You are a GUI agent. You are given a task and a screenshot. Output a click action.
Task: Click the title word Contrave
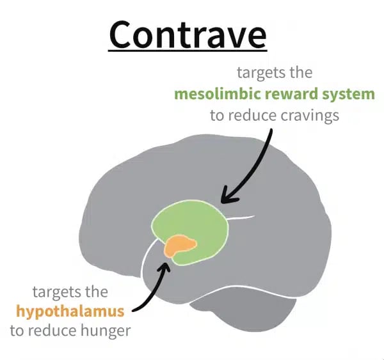coord(188,35)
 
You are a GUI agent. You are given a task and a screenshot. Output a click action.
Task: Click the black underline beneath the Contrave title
coord(188,51)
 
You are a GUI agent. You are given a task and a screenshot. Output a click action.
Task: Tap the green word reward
coord(291,94)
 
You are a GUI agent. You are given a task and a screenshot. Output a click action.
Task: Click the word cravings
coord(310,116)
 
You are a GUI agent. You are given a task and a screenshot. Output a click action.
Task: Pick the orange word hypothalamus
coord(70,312)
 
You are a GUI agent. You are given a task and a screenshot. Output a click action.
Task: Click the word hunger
coord(106,331)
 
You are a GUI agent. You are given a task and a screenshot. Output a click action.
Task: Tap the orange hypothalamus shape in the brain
coord(180,246)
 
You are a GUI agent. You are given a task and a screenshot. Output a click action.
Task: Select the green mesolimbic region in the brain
coord(196,225)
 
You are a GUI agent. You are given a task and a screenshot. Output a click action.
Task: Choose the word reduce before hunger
coord(51,331)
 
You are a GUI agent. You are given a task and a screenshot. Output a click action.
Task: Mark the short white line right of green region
coord(241,217)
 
